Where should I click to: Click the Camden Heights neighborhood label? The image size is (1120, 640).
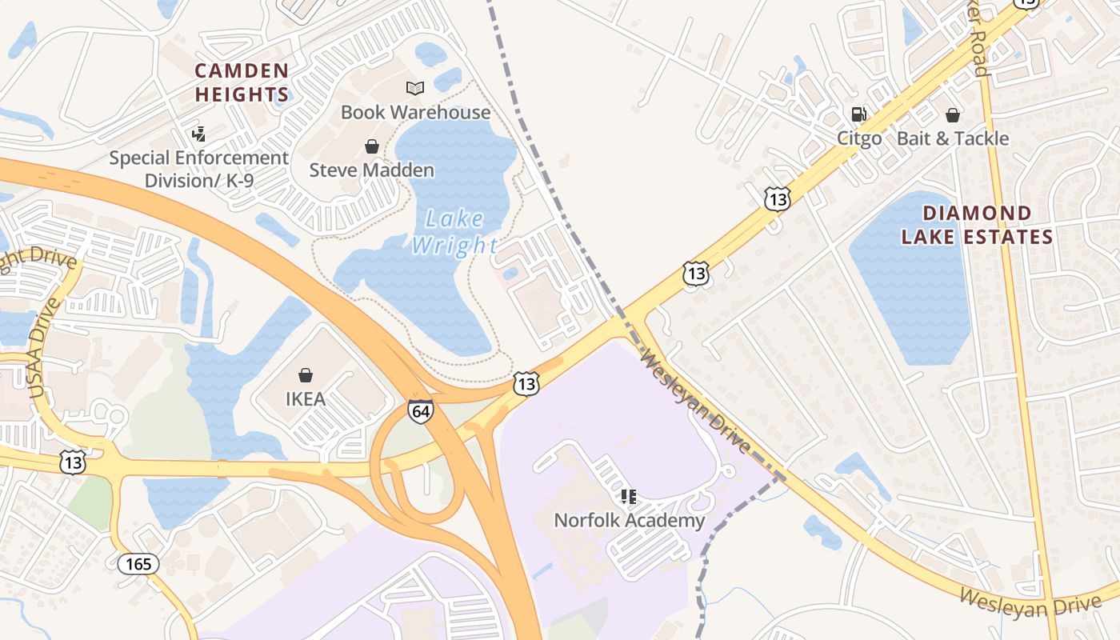pos(241,82)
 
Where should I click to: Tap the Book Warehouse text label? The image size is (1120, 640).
pos(415,112)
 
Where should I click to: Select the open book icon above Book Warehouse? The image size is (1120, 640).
pos(414,88)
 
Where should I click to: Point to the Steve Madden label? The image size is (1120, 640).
pos(371,170)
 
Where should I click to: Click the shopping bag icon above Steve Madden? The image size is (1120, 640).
pos(371,146)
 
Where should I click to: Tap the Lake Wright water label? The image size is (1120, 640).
pos(454,232)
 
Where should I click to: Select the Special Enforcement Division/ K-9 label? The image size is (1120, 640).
pos(198,169)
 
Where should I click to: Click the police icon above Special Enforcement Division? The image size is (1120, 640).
pos(198,134)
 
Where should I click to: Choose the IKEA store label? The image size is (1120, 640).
pos(306,398)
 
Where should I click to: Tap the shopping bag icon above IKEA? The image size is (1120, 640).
pos(305,375)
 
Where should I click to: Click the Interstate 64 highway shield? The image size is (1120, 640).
pos(420,410)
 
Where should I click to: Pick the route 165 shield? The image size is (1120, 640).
pos(138,564)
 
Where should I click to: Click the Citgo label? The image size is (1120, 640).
pos(859,138)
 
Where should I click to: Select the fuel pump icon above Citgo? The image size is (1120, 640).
pos(858,115)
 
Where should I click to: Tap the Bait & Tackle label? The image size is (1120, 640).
pos(952,138)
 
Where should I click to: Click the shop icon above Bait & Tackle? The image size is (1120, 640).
pos(952,115)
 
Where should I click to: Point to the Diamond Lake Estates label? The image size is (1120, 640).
pos(977,225)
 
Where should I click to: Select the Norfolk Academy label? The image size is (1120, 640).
pos(630,521)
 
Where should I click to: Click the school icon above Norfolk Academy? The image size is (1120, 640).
pos(629,497)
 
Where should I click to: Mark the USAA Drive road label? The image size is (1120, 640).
pos(45,349)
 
